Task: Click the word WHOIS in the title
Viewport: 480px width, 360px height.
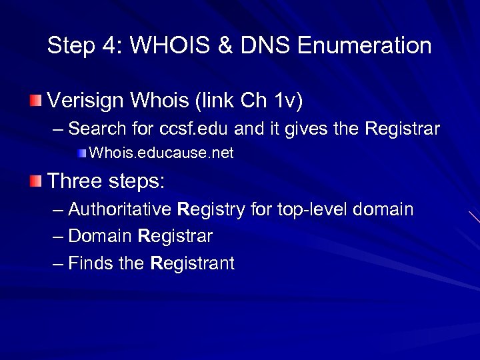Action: coord(171,46)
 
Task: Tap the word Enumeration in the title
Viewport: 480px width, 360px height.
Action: coord(364,46)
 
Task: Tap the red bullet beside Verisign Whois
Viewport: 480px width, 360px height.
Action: coord(35,101)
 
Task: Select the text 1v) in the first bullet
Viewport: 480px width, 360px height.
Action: coord(288,101)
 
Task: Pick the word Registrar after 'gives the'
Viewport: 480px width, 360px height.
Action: coord(402,129)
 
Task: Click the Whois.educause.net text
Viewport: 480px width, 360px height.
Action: coord(161,153)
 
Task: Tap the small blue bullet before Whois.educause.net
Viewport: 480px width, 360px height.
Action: coord(81,153)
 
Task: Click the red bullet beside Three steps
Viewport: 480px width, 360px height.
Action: coord(35,180)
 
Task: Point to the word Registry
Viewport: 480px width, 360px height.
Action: coord(211,209)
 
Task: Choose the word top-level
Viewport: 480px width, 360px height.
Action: coord(311,209)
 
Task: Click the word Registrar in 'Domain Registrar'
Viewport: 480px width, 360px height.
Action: coord(175,236)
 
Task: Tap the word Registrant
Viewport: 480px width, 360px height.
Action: coord(193,263)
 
